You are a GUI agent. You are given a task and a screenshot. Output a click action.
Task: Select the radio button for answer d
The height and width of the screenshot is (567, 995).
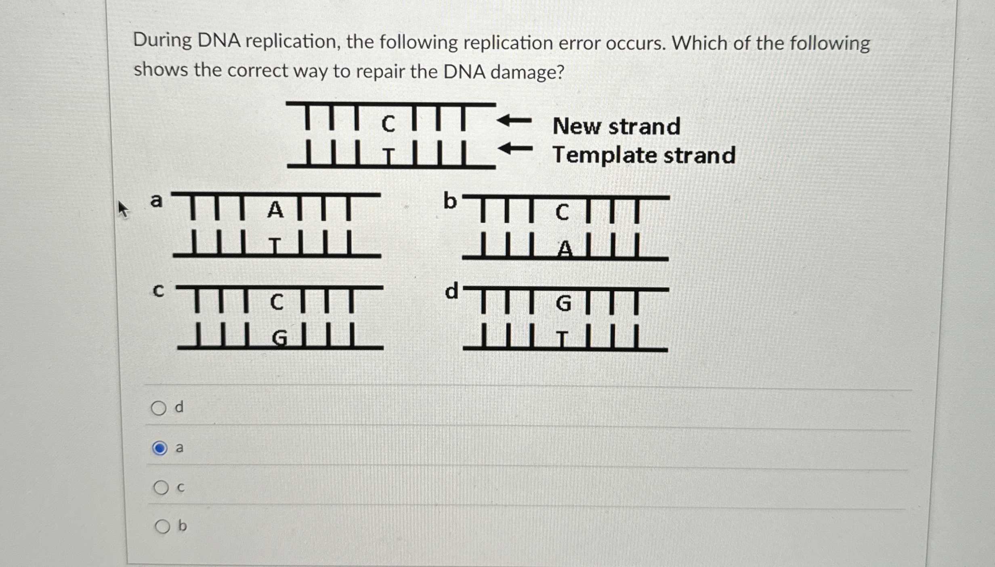pos(159,408)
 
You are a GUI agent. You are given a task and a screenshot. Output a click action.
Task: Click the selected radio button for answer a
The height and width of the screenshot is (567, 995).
pos(160,448)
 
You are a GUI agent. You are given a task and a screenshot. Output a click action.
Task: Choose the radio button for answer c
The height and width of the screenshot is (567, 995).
pos(161,488)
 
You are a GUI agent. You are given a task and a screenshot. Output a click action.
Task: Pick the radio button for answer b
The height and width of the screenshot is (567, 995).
pos(162,526)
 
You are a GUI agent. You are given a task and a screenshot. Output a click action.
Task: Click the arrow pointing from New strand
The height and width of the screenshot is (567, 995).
pos(514,120)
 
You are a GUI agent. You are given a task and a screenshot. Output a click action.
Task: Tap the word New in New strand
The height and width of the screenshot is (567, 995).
pos(577,126)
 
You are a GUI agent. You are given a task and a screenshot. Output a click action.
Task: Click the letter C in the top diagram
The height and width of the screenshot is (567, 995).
pos(388,124)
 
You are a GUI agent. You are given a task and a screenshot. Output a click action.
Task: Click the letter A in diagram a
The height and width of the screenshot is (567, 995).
pos(275,210)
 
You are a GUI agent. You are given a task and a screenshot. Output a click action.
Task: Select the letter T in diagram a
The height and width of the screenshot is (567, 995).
pos(275,245)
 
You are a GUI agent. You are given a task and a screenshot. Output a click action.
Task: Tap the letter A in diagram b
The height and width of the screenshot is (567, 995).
pos(565,249)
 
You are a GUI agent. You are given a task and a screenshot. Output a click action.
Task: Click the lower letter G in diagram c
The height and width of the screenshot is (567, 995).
pos(279,338)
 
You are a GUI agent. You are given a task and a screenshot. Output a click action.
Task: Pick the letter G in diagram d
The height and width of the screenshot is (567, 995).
pos(564,304)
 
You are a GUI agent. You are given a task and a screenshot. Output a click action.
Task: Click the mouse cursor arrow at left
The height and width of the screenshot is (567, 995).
pos(123,210)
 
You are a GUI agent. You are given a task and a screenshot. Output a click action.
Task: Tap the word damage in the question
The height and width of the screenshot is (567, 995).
pos(527,72)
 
